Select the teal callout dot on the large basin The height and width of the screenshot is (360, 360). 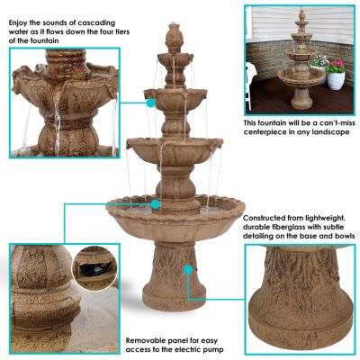coord(156,204)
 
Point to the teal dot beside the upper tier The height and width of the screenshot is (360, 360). coord(150,103)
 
